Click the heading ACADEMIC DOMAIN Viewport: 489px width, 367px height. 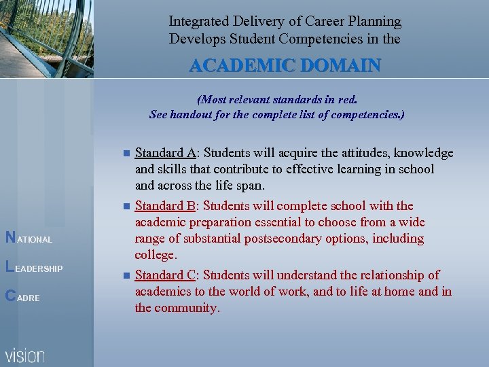[x=285, y=66]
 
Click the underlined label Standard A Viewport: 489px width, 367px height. [x=162, y=153]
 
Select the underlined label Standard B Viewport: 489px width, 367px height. [x=162, y=206]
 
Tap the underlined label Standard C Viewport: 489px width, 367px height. [x=162, y=275]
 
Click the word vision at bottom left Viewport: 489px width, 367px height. [x=25, y=355]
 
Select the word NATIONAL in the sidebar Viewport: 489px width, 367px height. [x=29, y=239]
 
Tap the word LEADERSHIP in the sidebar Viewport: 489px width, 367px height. [x=34, y=268]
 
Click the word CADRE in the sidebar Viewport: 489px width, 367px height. [x=22, y=297]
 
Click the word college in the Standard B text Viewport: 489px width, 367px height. [x=155, y=256]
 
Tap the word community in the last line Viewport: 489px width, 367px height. [x=185, y=308]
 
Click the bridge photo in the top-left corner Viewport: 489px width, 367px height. [x=46, y=39]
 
